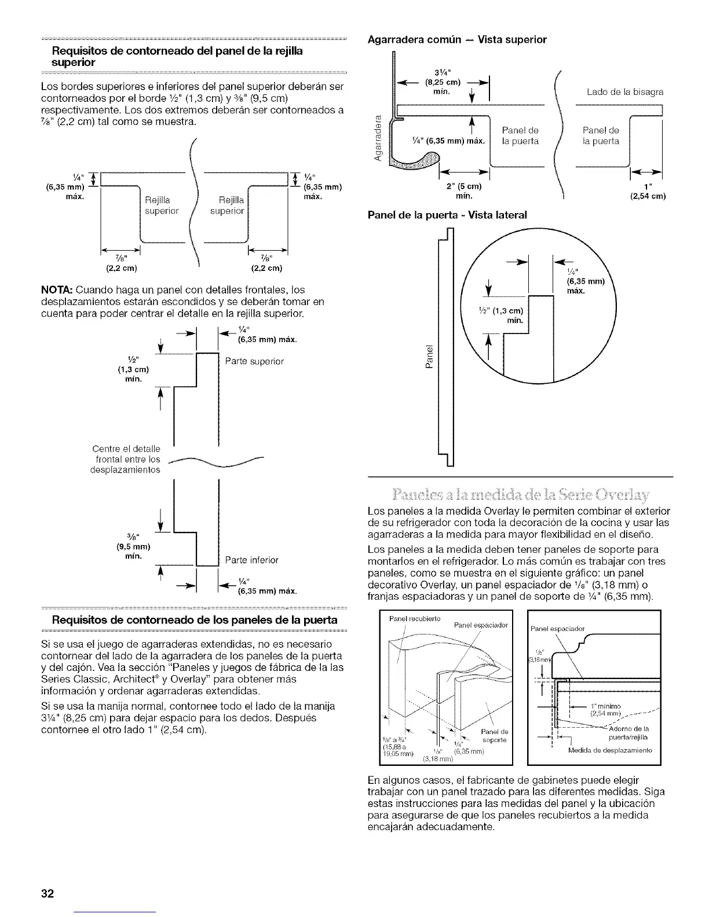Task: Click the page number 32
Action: (x=47, y=893)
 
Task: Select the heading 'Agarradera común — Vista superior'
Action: (x=458, y=40)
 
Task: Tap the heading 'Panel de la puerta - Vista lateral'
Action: (x=447, y=215)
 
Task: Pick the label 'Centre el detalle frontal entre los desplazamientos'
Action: (x=126, y=459)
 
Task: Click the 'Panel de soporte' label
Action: (x=494, y=735)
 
